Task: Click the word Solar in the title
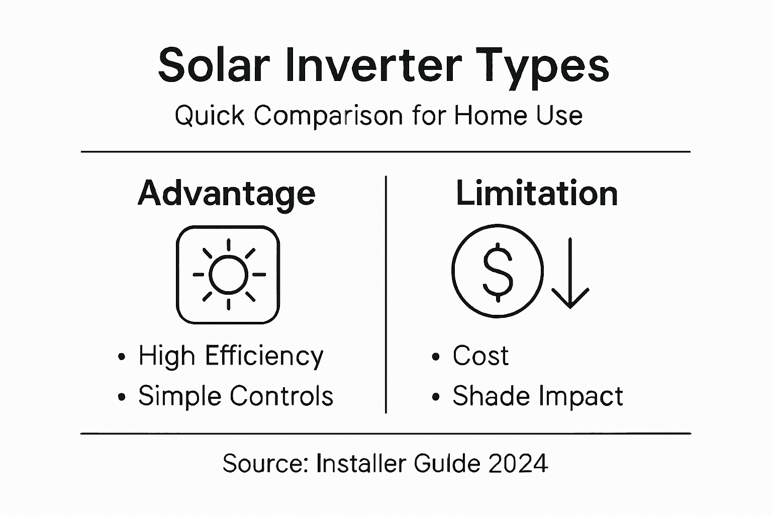(214, 65)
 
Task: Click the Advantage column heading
(227, 194)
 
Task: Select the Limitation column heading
(536, 193)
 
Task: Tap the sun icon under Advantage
(228, 275)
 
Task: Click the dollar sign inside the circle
(498, 271)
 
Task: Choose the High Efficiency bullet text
(231, 356)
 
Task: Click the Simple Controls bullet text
(236, 396)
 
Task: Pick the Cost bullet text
(480, 356)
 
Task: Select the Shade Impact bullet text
(537, 396)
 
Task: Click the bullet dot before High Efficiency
(121, 357)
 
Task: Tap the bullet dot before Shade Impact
(435, 397)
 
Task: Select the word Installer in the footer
(361, 463)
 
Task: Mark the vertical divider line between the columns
(385, 294)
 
